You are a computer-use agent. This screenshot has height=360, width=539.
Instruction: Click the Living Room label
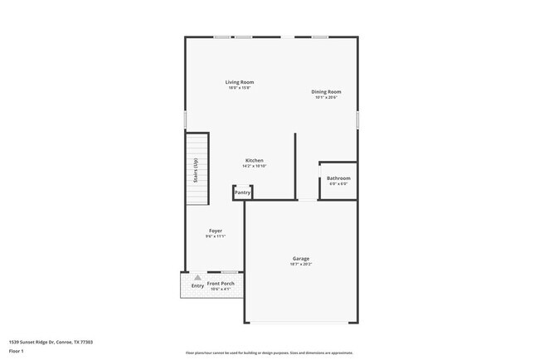pos(240,82)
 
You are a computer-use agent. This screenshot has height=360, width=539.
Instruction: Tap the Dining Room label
pos(326,92)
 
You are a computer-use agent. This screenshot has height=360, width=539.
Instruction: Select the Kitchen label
pos(254,160)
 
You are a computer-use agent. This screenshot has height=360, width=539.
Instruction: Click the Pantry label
pos(242,192)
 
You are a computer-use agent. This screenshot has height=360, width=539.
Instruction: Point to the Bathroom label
pos(338,178)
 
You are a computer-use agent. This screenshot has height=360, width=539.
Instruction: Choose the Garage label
pos(300,259)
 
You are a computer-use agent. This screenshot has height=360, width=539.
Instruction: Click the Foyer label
pos(215,231)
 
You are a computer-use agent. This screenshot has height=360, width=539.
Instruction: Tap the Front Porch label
pos(221,284)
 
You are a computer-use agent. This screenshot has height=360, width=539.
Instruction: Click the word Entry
pos(197,286)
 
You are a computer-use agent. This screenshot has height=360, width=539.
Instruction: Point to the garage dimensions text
pos(300,265)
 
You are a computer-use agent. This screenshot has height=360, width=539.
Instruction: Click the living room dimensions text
pos(240,88)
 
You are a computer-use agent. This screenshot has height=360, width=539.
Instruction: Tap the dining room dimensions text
pos(326,98)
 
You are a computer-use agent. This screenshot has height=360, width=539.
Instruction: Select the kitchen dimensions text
pos(254,166)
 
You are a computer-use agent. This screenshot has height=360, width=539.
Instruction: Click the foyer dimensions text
pos(215,236)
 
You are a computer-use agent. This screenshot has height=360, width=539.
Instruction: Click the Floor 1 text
pos(17,352)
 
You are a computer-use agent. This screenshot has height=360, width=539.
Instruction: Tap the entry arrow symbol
pos(197,278)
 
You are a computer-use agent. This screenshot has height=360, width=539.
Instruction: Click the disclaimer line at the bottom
pos(269,353)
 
